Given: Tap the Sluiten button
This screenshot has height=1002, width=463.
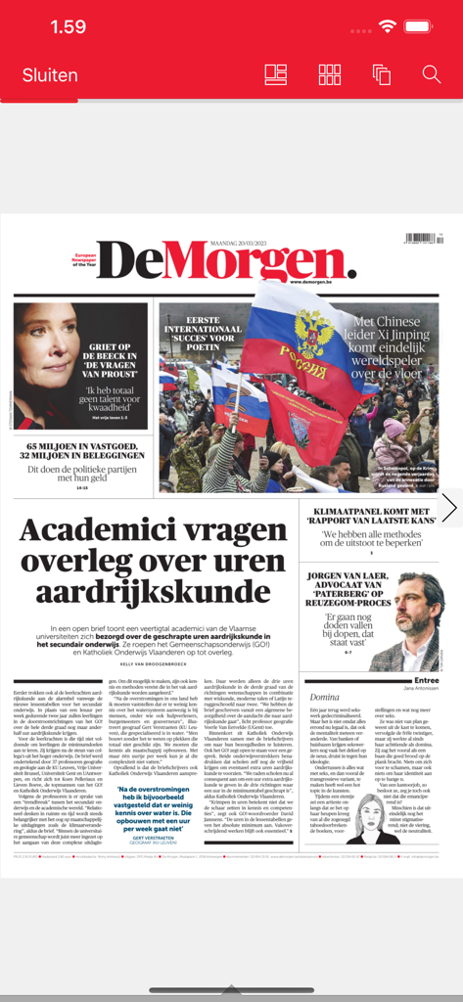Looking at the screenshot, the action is point(50,75).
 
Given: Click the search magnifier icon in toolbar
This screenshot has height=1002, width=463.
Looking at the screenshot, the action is point(432,74).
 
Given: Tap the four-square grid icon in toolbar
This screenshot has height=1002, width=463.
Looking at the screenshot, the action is point(330,74).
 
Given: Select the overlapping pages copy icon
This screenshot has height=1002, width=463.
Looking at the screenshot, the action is point(381,74).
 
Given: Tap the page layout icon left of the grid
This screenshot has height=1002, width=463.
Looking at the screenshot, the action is point(276,74).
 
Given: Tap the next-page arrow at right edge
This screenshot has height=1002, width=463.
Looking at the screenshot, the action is point(449,507).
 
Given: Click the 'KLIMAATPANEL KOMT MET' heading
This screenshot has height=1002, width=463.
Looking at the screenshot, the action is point(374,511).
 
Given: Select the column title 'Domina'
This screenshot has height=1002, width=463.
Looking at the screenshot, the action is point(324,695).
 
